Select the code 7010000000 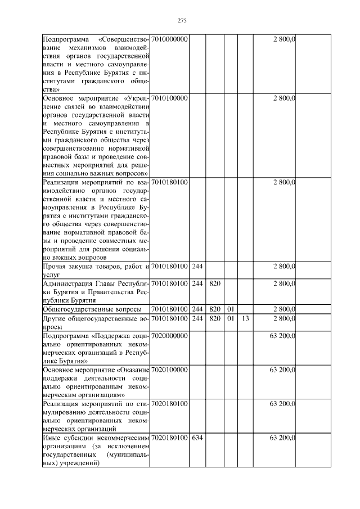[170, 39]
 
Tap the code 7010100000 [170, 98]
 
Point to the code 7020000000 [170, 335]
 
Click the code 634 [197, 437]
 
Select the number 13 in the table [245, 318]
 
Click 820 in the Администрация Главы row [214, 283]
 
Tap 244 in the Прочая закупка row [197, 266]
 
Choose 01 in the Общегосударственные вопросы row [229, 309]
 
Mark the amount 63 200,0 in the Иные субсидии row [283, 437]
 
